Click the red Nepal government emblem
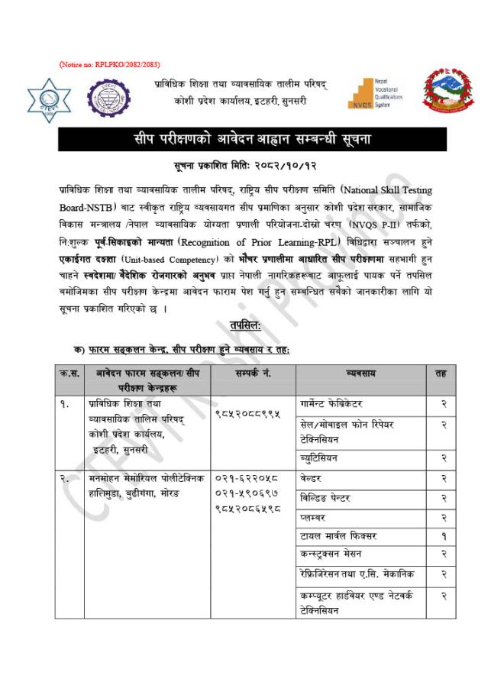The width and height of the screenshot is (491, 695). [x=447, y=95]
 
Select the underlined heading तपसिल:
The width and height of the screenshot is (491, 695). [x=245, y=325]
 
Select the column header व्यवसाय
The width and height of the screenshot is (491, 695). [x=360, y=373]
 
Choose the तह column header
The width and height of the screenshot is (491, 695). [x=441, y=373]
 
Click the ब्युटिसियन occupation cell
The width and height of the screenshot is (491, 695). [x=319, y=458]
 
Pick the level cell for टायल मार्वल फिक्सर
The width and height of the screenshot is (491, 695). [x=442, y=535]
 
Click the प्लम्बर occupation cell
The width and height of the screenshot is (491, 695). [x=314, y=517]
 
